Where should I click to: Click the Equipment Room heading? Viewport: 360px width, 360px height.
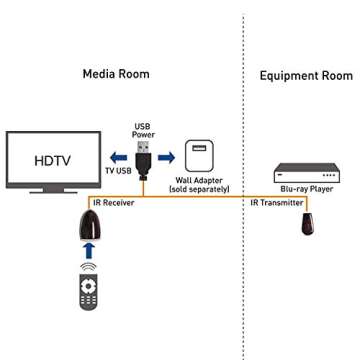(305, 75)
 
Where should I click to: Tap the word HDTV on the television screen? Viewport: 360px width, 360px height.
(52, 160)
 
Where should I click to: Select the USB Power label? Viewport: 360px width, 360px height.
(143, 130)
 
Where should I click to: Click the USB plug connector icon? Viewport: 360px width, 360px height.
(143, 156)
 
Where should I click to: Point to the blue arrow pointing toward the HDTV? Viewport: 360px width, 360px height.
(119, 156)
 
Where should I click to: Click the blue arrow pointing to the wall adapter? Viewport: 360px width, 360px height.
(166, 156)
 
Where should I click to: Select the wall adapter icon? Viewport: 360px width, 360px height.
(199, 156)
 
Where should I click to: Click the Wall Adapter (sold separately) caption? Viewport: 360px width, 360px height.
(199, 185)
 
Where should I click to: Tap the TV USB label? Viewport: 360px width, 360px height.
(118, 171)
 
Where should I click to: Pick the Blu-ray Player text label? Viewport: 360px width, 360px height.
(306, 188)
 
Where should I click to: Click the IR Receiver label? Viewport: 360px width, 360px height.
(110, 202)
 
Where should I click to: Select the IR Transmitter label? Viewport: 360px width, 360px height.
(275, 202)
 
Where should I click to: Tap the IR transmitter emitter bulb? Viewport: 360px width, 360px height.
(306, 222)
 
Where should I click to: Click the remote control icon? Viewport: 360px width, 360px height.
(88, 290)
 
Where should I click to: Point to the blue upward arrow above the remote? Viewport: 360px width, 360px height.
(88, 251)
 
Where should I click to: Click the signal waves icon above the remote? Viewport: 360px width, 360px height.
(88, 266)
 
